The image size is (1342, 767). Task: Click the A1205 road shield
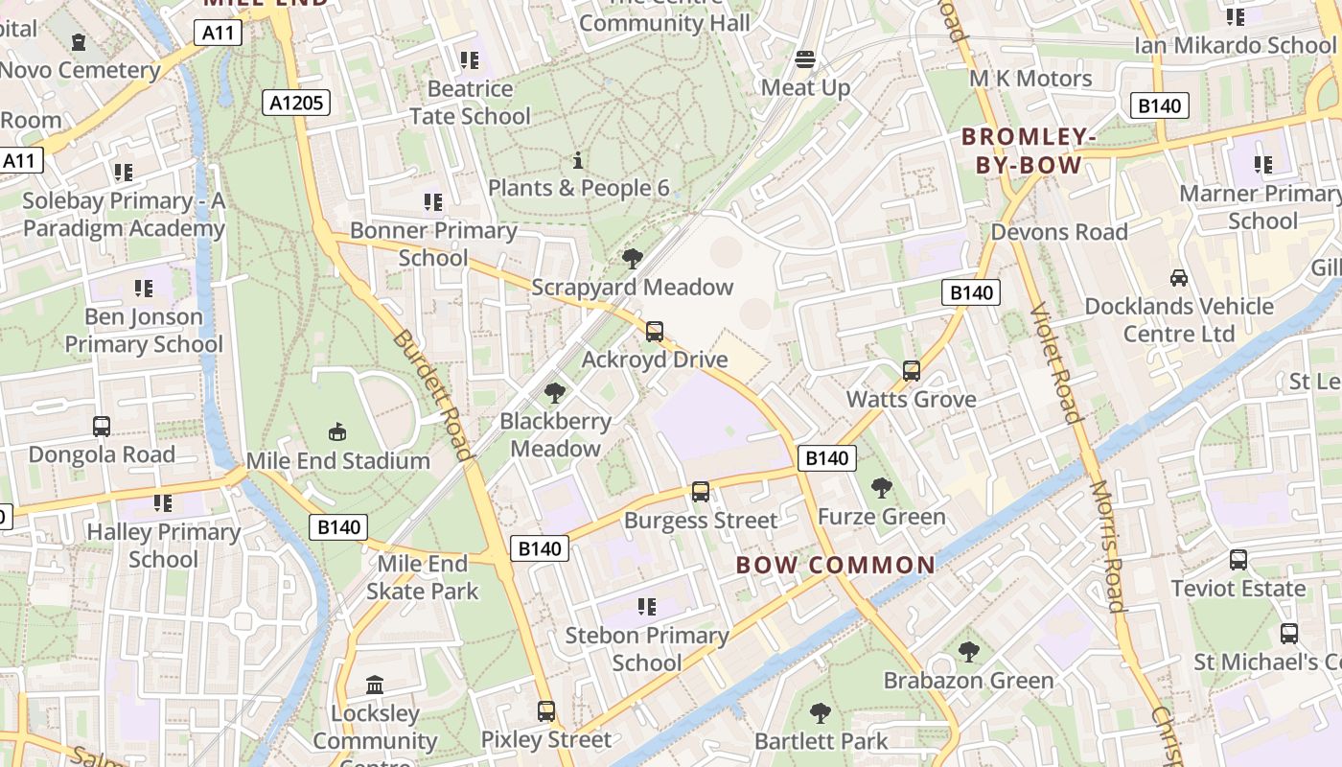pos(297,103)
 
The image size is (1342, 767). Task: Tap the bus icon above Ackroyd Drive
pos(655,332)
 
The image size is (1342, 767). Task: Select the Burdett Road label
pos(431,396)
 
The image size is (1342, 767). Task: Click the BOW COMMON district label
pos(835,565)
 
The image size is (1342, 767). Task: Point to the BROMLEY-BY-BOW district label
pos(1029,151)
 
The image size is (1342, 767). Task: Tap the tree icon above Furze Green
pos(882,488)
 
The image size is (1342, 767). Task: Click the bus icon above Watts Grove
pos(912,371)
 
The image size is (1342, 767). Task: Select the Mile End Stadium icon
pos(337,431)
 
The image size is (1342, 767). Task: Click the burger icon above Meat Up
pos(805,59)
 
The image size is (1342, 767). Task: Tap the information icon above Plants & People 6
pos(578,160)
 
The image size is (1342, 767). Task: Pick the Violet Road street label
pos(1053,361)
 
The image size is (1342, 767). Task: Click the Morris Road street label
pos(1106,546)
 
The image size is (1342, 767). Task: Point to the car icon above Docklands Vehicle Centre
pos(1179,278)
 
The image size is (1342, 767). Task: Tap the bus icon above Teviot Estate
pos(1238,560)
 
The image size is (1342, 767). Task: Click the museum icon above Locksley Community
pos(375,686)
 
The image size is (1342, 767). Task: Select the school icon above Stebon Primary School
pos(647,607)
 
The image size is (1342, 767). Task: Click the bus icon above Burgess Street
pos(701,492)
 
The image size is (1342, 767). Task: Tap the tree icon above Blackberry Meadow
pos(554,392)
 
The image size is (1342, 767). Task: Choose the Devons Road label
pos(1059,232)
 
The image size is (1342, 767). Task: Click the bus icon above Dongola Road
pos(102,426)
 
